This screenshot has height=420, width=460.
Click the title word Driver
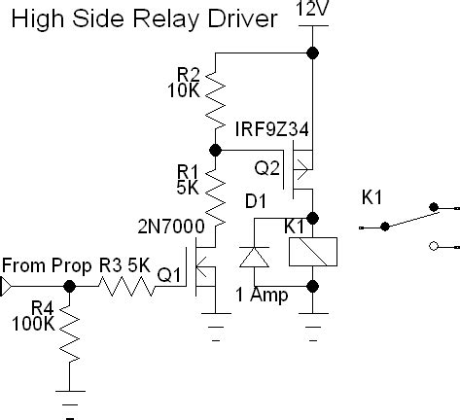coord(242,18)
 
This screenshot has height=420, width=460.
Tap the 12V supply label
coord(312,8)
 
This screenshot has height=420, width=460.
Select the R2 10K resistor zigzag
coord(215,101)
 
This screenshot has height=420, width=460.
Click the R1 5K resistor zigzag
coord(215,198)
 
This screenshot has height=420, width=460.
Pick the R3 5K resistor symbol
coord(126,286)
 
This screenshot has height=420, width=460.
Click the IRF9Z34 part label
coord(271,129)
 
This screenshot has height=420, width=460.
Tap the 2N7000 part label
coord(171,227)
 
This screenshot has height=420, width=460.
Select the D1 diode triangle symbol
coord(254,257)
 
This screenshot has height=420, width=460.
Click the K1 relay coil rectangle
coord(313,252)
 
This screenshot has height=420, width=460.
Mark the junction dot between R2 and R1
coord(215,150)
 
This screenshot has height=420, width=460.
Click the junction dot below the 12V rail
coord(312,52)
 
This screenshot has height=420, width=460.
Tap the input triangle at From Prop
coord(6,287)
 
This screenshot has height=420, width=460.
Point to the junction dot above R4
coord(69,286)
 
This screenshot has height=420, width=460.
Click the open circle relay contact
coord(434,246)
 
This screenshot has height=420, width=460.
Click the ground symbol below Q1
coord(216,327)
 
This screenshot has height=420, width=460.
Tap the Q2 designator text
coord(266,168)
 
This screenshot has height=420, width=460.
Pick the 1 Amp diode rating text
coord(262,295)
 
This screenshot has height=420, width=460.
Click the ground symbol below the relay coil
coord(313,327)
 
